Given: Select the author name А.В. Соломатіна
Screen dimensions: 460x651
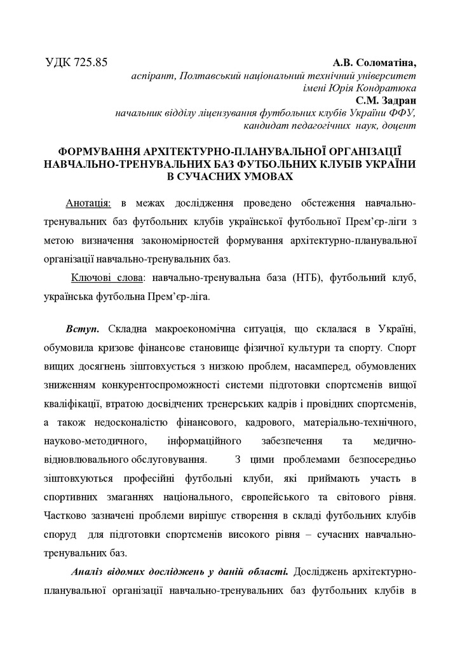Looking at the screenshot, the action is [374, 64].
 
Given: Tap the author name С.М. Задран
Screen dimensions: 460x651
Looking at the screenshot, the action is [385, 100].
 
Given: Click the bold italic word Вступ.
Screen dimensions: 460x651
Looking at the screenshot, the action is [81, 331].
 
